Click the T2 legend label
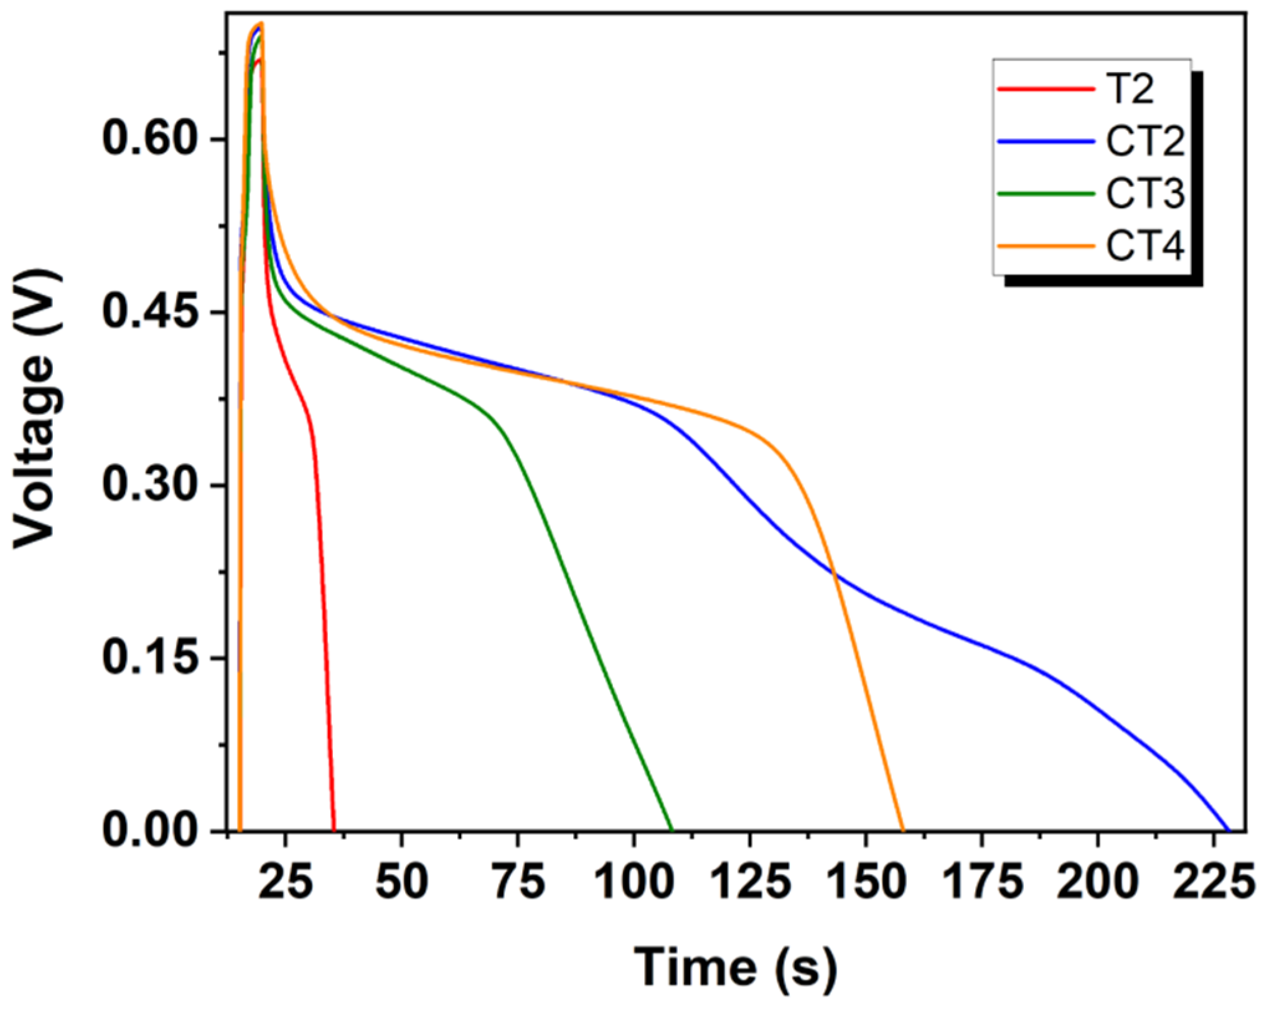(1129, 89)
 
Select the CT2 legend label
(1145, 141)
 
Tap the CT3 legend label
(1145, 194)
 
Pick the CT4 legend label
(1145, 246)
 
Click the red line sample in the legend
(1045, 89)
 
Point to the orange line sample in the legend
(1045, 246)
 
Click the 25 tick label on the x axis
(285, 882)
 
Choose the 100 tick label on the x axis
(634, 882)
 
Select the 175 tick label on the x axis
(983, 882)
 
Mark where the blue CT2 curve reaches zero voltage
(1228, 830)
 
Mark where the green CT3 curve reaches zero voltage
(672, 830)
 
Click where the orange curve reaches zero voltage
(903, 830)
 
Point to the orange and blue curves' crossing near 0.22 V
(835, 573)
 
